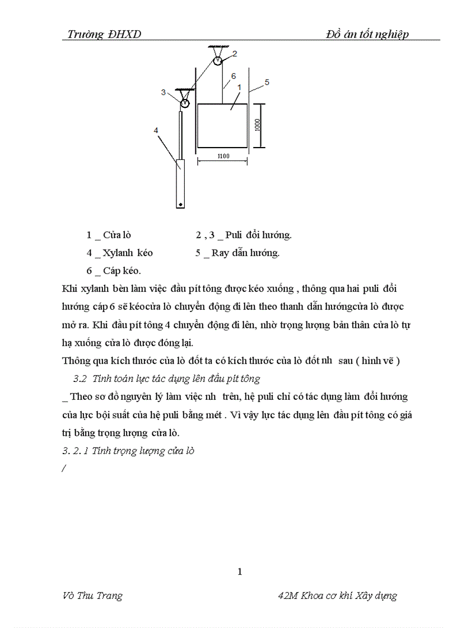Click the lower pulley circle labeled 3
coord(184,102)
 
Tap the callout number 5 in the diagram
coord(267,82)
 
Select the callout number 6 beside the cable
coord(233,75)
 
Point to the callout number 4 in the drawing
coord(156,130)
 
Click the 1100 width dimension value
coord(222,157)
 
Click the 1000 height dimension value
coord(257,124)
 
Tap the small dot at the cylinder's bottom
coord(180,205)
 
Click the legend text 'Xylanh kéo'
coord(128,253)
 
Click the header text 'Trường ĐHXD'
coord(104,34)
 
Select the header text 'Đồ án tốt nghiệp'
coord(367,34)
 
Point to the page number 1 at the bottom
coord(240,571)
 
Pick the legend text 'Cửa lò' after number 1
coord(117,235)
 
